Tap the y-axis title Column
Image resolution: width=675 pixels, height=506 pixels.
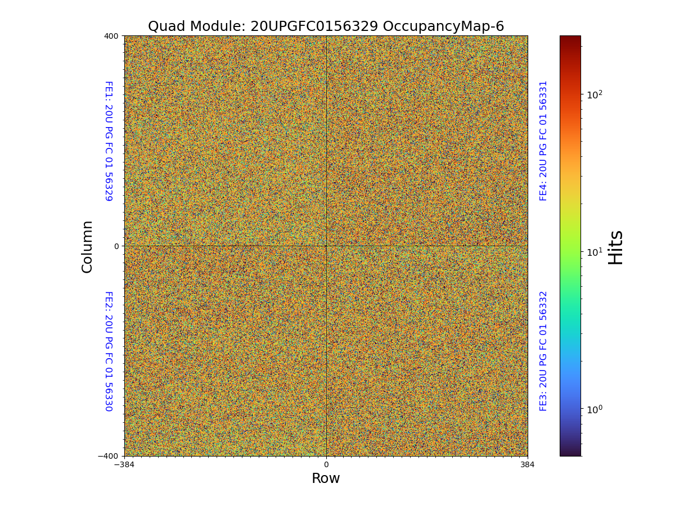tap(87, 246)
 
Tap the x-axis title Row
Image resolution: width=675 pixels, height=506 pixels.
tap(326, 478)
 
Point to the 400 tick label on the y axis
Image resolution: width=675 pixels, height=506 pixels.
tap(111, 36)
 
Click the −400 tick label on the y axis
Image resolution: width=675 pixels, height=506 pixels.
tap(109, 456)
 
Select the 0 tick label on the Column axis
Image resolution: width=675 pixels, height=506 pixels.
tap(116, 246)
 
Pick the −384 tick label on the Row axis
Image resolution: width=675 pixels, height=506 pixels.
tap(124, 464)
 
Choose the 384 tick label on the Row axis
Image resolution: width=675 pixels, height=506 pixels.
tap(528, 464)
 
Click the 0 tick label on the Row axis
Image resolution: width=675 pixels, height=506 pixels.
tap(326, 464)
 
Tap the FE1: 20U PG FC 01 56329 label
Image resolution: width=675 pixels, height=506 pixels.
tap(109, 141)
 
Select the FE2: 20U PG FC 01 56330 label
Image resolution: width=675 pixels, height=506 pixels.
tap(109, 351)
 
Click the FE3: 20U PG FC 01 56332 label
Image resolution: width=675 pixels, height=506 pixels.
tap(543, 351)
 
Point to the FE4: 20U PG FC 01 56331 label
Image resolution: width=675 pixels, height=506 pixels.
tap(543, 141)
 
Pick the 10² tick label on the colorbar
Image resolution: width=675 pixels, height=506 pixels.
tap(595, 94)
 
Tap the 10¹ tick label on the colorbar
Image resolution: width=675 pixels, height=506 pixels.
tap(595, 251)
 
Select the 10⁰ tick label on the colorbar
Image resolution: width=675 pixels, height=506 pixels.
tap(595, 408)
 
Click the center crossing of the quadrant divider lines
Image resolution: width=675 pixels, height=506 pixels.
tap(326, 246)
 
